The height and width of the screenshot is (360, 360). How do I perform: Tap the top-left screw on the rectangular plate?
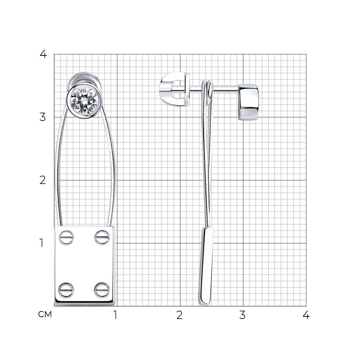[x=66, y=238]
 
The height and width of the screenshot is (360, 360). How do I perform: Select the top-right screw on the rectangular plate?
[x=102, y=237]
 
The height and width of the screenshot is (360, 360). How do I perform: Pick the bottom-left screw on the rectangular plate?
[x=66, y=290]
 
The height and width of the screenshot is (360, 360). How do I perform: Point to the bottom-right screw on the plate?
[x=102, y=290]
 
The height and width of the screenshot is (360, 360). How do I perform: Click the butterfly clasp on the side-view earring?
[x=175, y=89]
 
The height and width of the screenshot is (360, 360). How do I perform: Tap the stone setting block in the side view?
[x=248, y=102]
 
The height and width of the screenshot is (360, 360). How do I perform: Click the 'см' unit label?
[x=45, y=314]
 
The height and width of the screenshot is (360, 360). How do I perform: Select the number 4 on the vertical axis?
[x=43, y=54]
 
